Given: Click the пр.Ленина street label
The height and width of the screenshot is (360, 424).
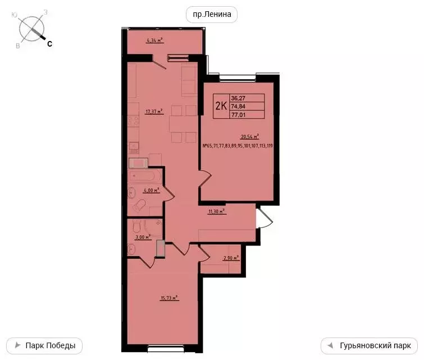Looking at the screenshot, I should [x=212, y=15].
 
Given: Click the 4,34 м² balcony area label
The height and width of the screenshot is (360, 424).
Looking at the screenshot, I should [x=154, y=40].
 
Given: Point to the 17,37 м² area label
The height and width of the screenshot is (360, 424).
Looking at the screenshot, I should [x=154, y=111].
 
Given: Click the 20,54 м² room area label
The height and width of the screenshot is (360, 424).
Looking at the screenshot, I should [x=249, y=136].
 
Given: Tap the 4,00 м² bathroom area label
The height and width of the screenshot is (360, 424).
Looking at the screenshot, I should [x=152, y=190].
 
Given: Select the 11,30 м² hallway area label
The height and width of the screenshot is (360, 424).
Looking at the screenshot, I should [x=217, y=212].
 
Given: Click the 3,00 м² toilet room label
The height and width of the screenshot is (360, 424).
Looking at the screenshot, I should [x=143, y=237].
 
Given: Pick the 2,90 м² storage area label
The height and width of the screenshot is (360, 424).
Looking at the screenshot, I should [x=231, y=258].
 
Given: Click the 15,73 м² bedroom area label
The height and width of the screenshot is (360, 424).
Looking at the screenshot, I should [x=169, y=298].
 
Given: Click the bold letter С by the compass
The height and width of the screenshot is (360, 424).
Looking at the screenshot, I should [x=49, y=44].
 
